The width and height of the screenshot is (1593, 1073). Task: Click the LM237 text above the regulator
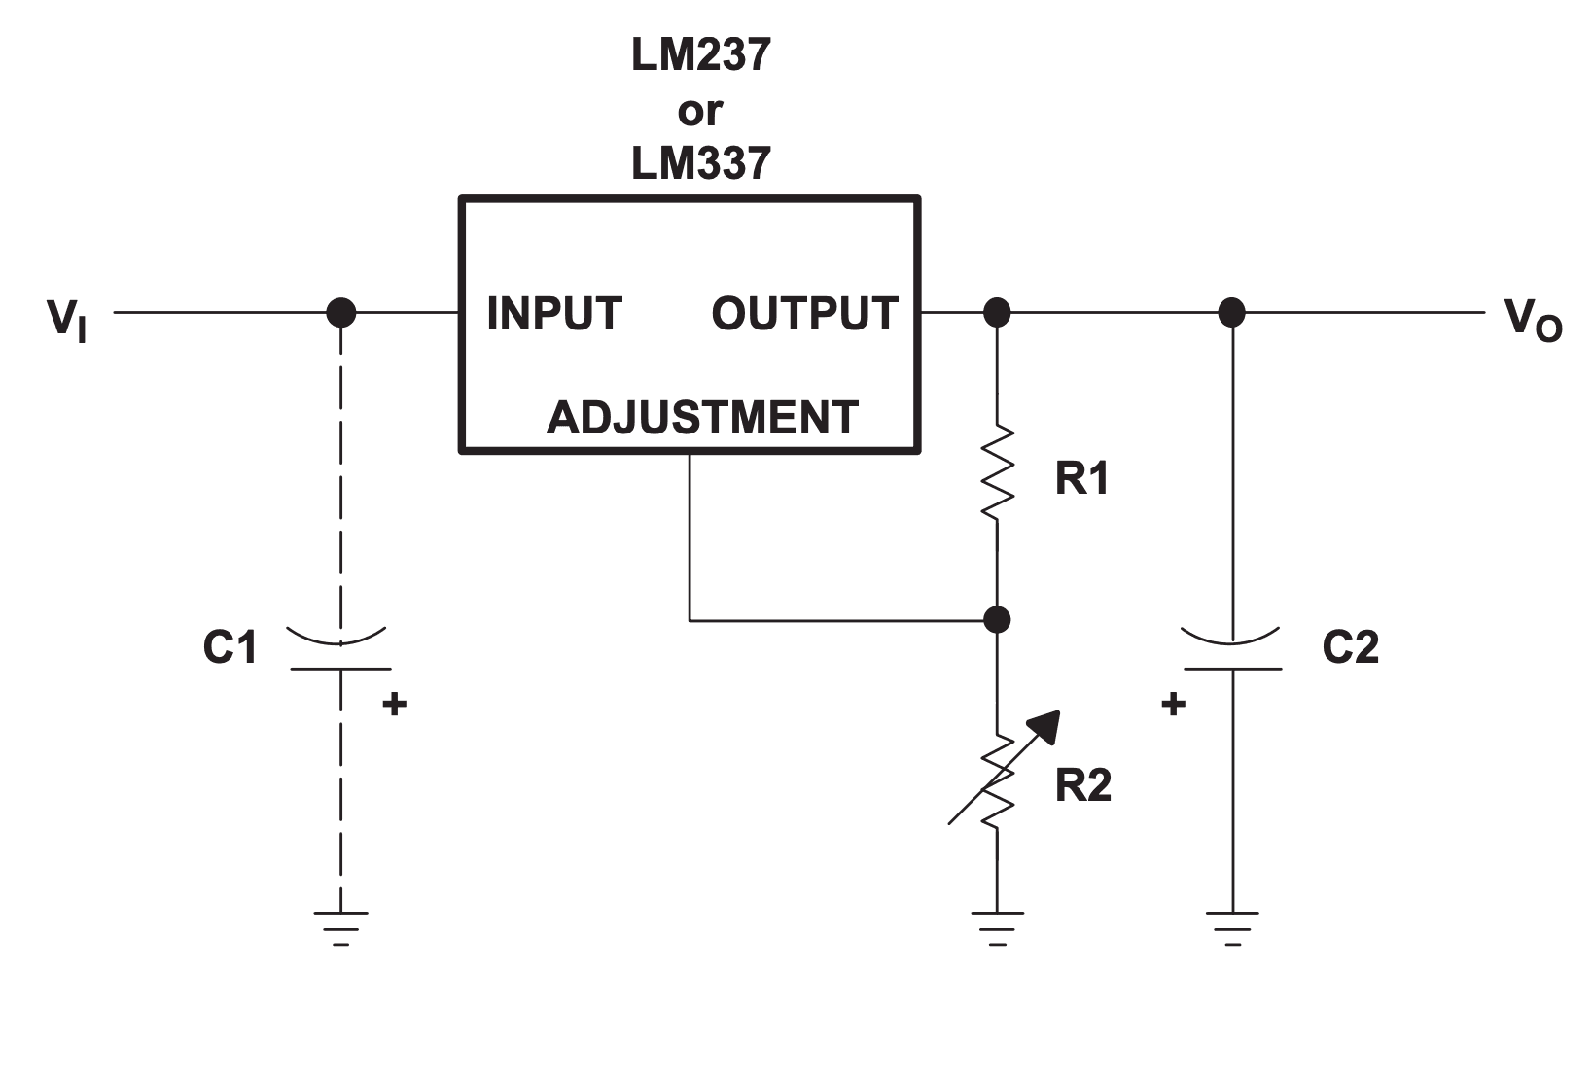tap(700, 55)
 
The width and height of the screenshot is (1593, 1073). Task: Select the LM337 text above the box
tap(700, 162)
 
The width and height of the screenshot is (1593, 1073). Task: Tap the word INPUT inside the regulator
tap(553, 314)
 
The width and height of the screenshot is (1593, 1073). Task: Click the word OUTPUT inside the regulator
tap(804, 314)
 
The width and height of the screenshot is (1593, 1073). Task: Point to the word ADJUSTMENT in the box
tap(701, 418)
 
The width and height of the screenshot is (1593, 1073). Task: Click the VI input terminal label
tap(66, 319)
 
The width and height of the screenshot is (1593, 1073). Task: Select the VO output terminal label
tap(1532, 320)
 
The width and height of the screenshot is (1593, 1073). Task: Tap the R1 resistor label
tap(1081, 478)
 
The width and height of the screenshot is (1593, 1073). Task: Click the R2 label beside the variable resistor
tap(1082, 785)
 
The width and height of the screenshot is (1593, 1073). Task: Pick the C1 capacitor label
tap(230, 647)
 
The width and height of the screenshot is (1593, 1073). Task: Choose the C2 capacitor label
tap(1350, 647)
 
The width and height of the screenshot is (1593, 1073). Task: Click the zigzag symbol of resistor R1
tap(997, 472)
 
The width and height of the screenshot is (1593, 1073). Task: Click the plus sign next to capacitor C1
tap(394, 704)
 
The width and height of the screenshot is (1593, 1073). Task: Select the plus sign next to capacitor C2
tap(1174, 704)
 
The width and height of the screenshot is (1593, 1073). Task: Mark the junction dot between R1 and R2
tap(997, 619)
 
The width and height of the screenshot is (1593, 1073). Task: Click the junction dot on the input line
tap(340, 313)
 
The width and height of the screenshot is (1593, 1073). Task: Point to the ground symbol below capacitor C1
tap(340, 926)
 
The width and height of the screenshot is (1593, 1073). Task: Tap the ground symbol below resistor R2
tap(997, 926)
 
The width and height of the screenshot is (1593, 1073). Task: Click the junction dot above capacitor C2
tap(1232, 313)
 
